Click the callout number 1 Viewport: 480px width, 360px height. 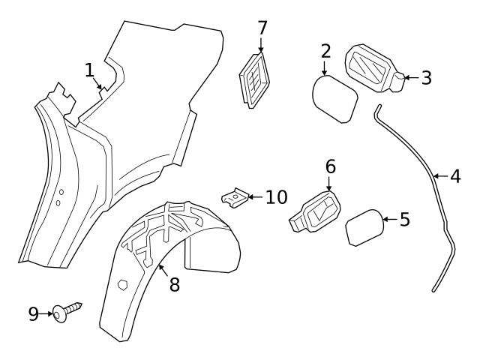[90, 70]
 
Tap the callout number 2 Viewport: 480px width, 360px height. [325, 51]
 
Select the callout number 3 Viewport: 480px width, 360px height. [426, 77]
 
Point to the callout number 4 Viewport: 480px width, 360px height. [455, 176]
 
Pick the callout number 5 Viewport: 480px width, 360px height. [404, 220]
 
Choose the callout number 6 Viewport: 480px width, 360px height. [330, 166]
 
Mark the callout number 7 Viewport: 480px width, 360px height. [262, 28]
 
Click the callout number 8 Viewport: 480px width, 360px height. [174, 285]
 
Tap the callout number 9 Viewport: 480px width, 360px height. [33, 314]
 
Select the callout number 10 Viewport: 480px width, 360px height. [277, 197]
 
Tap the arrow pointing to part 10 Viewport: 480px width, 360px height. [253, 197]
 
